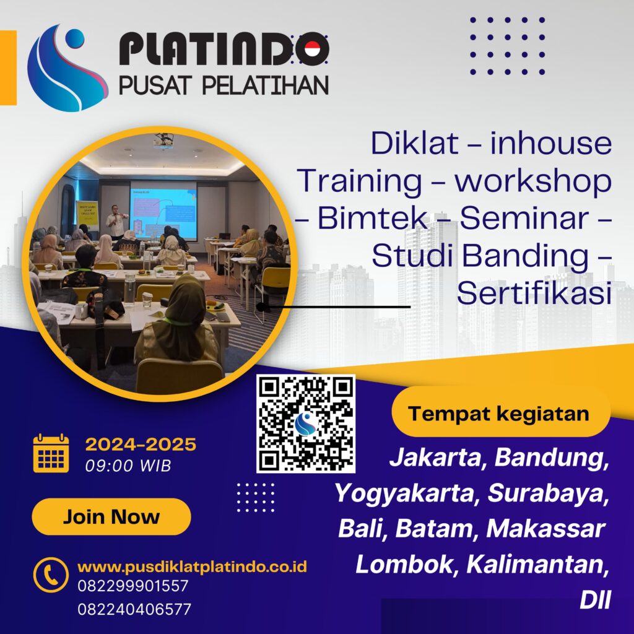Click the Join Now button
pyautogui.click(x=111, y=516)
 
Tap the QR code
pyautogui.click(x=306, y=423)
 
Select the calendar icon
pyautogui.click(x=51, y=453)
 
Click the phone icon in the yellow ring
pyautogui.click(x=51, y=575)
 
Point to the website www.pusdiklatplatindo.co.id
pyautogui.click(x=192, y=567)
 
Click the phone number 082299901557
pyautogui.click(x=133, y=586)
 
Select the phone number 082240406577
pyautogui.click(x=134, y=609)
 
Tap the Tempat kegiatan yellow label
pyautogui.click(x=501, y=413)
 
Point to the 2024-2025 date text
pyautogui.click(x=141, y=445)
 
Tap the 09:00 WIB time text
pyautogui.click(x=128, y=466)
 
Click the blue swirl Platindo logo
pyautogui.click(x=67, y=68)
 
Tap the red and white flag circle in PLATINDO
pyautogui.click(x=312, y=49)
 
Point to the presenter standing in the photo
pyautogui.click(x=115, y=222)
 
